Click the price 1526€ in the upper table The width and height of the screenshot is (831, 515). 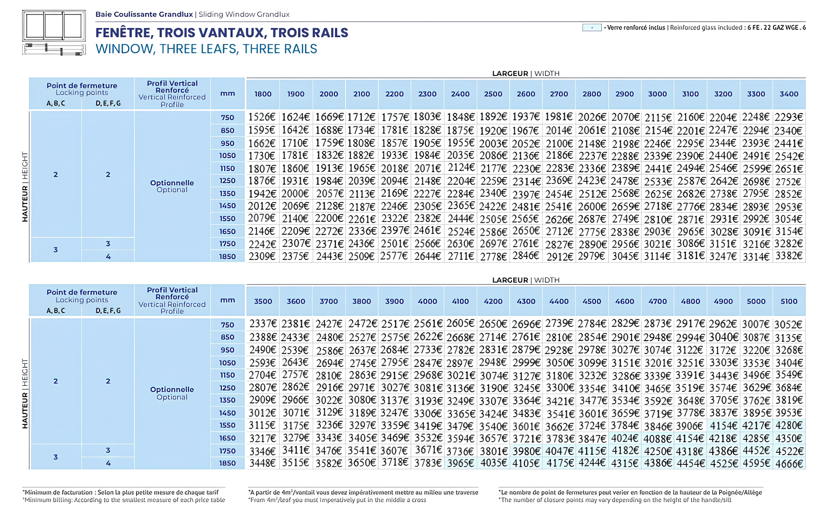pyautogui.click(x=262, y=118)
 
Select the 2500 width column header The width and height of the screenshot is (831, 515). pyautogui.click(x=493, y=94)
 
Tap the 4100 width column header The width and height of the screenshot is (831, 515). pyautogui.click(x=460, y=302)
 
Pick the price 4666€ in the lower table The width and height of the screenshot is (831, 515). pyautogui.click(x=789, y=464)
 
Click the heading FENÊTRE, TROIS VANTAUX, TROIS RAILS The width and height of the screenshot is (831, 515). pyautogui.click(x=222, y=33)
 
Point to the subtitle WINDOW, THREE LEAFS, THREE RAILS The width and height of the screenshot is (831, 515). pyautogui.click(x=206, y=49)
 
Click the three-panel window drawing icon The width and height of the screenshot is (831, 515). pyautogui.click(x=54, y=26)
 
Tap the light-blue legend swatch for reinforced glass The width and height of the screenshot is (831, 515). pyautogui.click(x=592, y=28)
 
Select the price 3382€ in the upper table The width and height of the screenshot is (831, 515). pyautogui.click(x=789, y=256)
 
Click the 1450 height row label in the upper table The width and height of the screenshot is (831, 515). pyautogui.click(x=227, y=206)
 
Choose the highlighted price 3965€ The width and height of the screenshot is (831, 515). pyautogui.click(x=460, y=464)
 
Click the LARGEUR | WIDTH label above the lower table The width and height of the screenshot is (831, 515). pyautogui.click(x=525, y=280)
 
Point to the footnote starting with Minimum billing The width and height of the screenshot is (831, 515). pyautogui.click(x=124, y=500)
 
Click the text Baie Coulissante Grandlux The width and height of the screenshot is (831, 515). pyautogui.click(x=144, y=14)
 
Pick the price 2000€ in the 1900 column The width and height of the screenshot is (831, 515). pyautogui.click(x=295, y=194)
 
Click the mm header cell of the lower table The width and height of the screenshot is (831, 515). pyautogui.click(x=227, y=300)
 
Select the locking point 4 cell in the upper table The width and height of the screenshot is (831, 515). pyautogui.click(x=108, y=257)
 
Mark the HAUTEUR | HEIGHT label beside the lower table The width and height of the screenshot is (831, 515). pyautogui.click(x=25, y=394)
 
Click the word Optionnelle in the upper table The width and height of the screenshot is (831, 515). pyautogui.click(x=172, y=183)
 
